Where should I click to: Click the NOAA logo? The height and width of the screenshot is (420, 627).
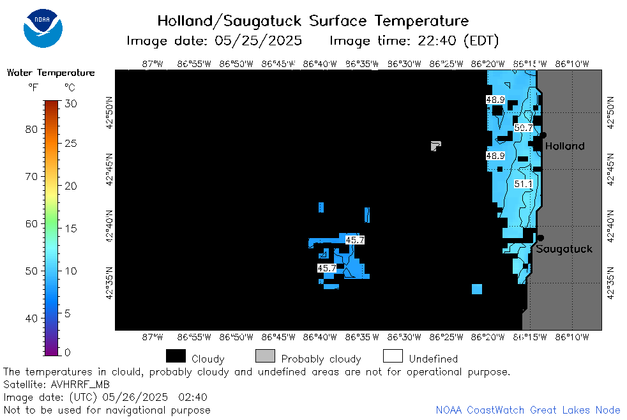click(x=43, y=28)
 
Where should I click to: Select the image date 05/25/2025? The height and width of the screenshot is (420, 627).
click(x=258, y=41)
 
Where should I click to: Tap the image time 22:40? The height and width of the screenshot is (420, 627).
click(x=437, y=41)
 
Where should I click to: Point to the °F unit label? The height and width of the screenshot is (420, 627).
click(x=33, y=87)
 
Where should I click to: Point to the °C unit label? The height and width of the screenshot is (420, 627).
click(x=70, y=87)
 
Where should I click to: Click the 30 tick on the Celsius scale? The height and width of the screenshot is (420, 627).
click(x=71, y=104)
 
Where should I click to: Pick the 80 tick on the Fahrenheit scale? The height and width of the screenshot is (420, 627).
click(x=31, y=129)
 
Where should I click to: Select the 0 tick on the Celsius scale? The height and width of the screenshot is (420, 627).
click(x=67, y=352)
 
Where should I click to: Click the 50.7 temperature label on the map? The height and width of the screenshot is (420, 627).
click(x=524, y=128)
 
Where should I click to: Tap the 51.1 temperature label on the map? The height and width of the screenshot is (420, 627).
click(x=524, y=184)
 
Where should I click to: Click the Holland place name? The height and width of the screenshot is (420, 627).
click(x=564, y=146)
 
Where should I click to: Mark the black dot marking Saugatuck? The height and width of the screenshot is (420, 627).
click(x=540, y=238)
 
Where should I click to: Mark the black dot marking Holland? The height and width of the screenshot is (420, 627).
click(x=543, y=135)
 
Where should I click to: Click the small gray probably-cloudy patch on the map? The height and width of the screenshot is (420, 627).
click(x=435, y=146)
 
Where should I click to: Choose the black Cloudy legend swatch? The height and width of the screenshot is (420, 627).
click(x=176, y=356)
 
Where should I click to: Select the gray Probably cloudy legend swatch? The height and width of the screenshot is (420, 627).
click(x=265, y=356)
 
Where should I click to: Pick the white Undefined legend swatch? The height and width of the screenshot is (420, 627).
click(x=393, y=356)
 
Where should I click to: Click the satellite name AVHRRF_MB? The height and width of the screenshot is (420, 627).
click(x=80, y=384)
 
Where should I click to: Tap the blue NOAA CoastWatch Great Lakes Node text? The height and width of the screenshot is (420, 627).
click(x=528, y=410)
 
